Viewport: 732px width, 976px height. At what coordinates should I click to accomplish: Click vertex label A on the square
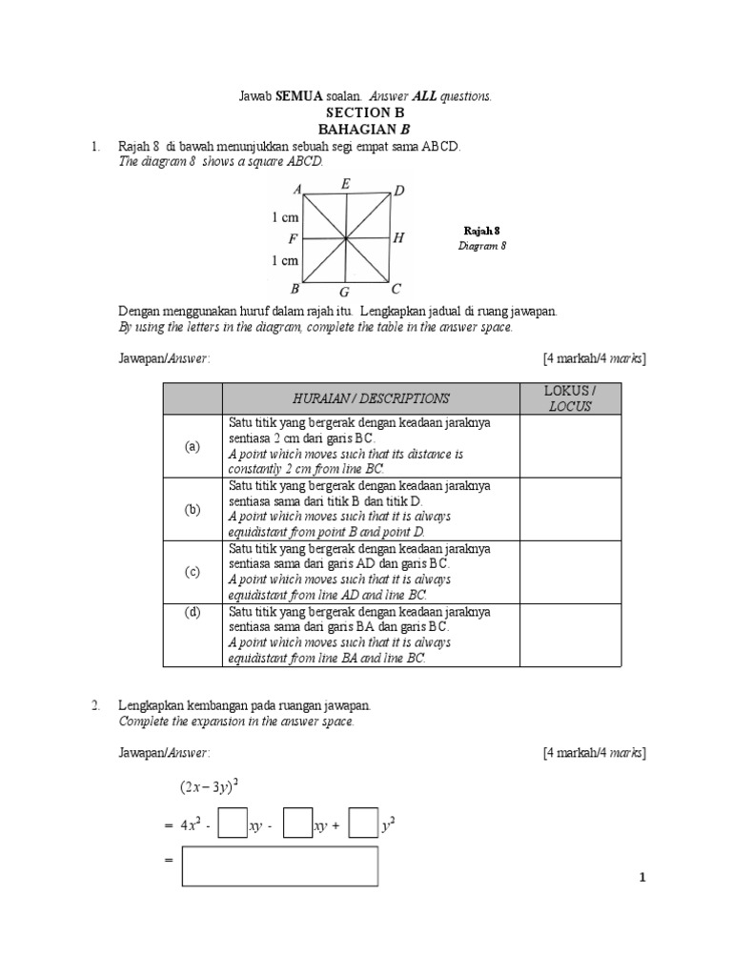(x=297, y=190)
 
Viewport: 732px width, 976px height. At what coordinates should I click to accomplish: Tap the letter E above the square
(x=344, y=183)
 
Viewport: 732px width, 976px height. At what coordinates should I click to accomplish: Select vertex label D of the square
(x=398, y=192)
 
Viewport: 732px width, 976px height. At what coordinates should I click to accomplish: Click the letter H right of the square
(x=398, y=238)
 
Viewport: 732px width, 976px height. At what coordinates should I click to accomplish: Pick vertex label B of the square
(x=295, y=288)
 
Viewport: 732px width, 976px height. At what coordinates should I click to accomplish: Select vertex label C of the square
(x=396, y=288)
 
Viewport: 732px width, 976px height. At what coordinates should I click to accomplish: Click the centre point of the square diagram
(x=346, y=238)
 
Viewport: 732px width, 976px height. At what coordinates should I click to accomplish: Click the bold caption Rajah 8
(x=481, y=231)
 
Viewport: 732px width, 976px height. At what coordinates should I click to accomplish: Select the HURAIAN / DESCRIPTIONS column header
(x=371, y=398)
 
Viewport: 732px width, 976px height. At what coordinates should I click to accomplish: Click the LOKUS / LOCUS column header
(x=570, y=398)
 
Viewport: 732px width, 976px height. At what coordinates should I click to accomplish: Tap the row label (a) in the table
(x=193, y=446)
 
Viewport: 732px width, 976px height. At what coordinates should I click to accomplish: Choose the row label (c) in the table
(x=193, y=572)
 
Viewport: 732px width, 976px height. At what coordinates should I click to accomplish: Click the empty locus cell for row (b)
(x=570, y=509)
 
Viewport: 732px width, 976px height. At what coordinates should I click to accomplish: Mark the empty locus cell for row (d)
(x=570, y=635)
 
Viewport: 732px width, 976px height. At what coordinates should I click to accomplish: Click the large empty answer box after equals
(x=280, y=865)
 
